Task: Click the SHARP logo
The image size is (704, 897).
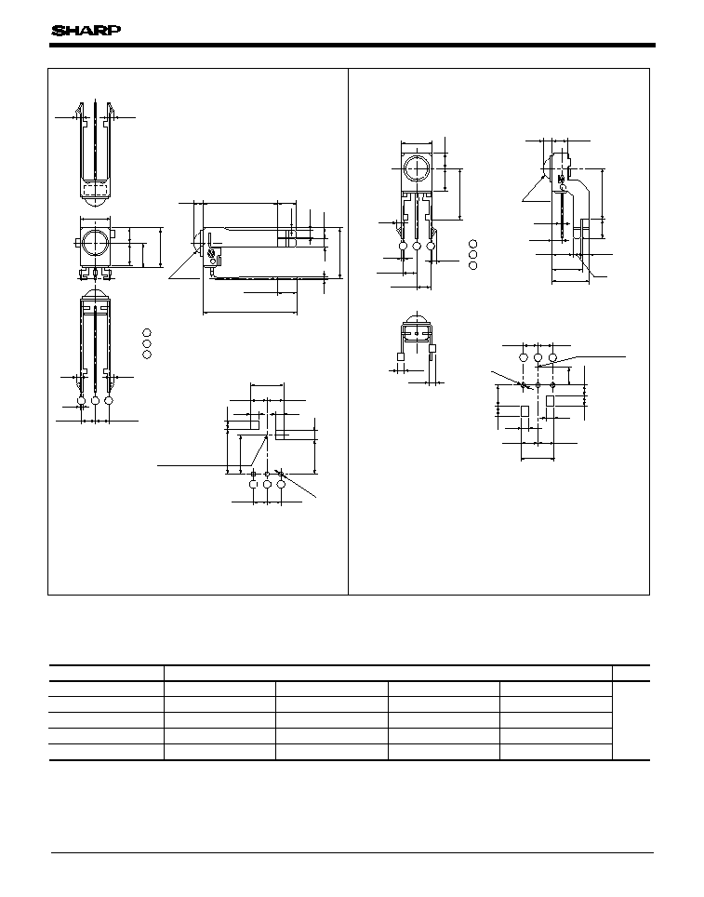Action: click(x=86, y=31)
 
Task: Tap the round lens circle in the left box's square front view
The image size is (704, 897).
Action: click(x=94, y=243)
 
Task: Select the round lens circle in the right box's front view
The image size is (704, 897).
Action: click(x=417, y=169)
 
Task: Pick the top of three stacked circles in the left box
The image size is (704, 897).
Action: click(x=147, y=332)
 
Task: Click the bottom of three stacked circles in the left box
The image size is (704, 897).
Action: click(x=147, y=355)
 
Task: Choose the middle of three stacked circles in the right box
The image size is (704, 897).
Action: click(x=473, y=255)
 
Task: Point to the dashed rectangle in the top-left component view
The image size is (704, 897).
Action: click(x=95, y=189)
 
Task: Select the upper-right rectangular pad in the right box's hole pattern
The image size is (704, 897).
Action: click(x=551, y=400)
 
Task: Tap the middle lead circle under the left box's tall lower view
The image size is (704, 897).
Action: click(x=95, y=400)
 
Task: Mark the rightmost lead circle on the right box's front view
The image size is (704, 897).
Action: click(x=431, y=246)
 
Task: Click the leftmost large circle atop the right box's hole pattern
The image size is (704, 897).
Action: click(x=524, y=357)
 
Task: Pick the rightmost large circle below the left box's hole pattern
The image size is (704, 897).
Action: click(x=281, y=485)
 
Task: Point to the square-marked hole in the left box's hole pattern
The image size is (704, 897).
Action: click(x=254, y=474)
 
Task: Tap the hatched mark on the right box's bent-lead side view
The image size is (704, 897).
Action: click(x=561, y=178)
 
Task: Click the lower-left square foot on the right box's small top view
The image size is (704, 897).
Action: click(x=401, y=356)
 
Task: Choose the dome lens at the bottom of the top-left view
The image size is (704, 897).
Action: click(x=95, y=201)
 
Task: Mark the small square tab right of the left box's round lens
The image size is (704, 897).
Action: click(x=114, y=234)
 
